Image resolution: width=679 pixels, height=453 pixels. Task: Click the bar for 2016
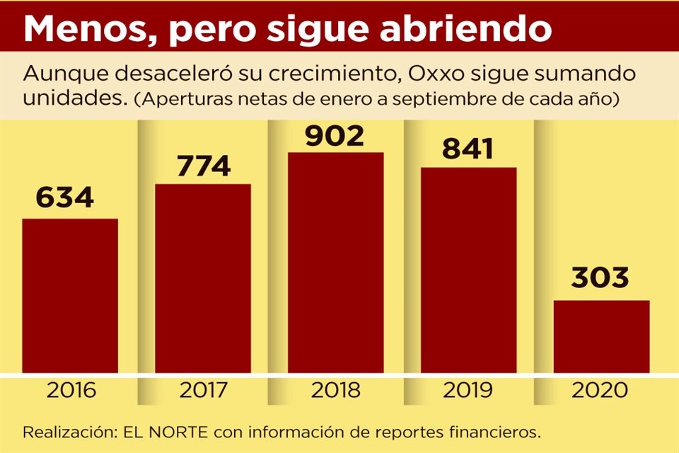(x=70, y=295)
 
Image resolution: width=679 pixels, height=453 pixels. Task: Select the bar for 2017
(x=203, y=278)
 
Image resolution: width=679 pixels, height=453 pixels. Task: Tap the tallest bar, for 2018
(x=335, y=262)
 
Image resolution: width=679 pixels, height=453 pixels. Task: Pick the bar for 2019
(x=468, y=270)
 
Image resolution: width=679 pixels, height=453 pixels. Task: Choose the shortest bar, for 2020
(x=601, y=336)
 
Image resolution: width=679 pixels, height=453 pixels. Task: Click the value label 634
(x=65, y=197)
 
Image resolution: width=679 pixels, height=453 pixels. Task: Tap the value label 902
(x=335, y=134)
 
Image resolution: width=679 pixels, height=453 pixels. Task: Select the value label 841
(x=469, y=149)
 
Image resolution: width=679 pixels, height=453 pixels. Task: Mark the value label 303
(x=601, y=278)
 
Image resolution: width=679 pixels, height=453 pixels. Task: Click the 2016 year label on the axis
(x=70, y=390)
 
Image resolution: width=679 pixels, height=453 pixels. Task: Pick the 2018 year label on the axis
(x=335, y=390)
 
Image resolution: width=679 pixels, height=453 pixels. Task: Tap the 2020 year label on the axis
(x=601, y=390)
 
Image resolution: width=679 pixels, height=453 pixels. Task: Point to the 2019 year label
(x=468, y=390)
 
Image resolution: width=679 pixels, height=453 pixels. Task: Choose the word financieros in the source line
(x=497, y=431)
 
